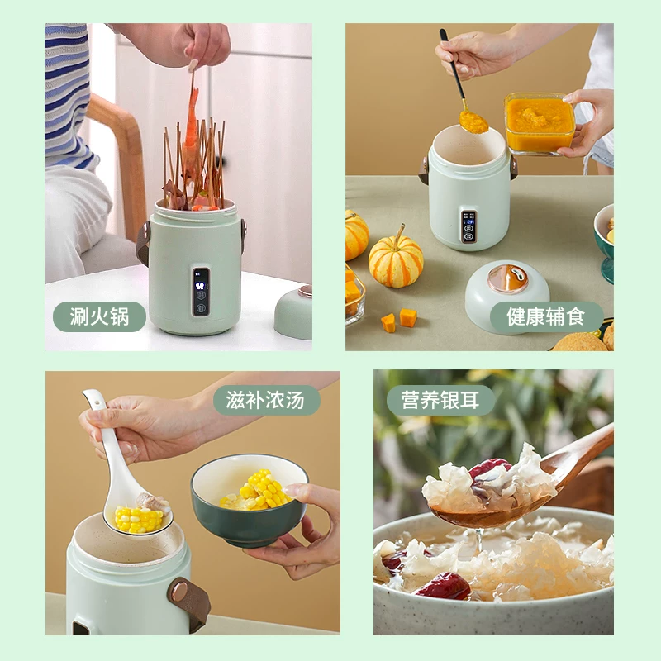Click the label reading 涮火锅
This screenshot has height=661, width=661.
tap(99, 316)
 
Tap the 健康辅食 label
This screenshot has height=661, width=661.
tap(546, 316)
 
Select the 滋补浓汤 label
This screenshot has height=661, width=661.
tap(266, 400)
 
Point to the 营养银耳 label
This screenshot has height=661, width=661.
tap(440, 400)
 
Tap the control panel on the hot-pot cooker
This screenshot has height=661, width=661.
tap(201, 292)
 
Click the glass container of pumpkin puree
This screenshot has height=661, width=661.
tap(540, 122)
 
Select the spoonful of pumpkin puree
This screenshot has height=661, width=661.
tap(473, 121)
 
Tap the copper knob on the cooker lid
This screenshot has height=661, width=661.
tap(508, 278)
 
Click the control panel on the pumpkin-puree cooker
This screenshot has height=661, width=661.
tap(468, 226)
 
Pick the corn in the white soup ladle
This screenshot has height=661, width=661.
tap(139, 519)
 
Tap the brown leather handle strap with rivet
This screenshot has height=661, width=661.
tap(189, 603)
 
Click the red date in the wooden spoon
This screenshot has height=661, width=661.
tap(488, 468)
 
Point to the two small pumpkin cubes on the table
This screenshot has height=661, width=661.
tap(399, 321)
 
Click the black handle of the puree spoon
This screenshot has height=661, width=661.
tap(452, 64)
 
